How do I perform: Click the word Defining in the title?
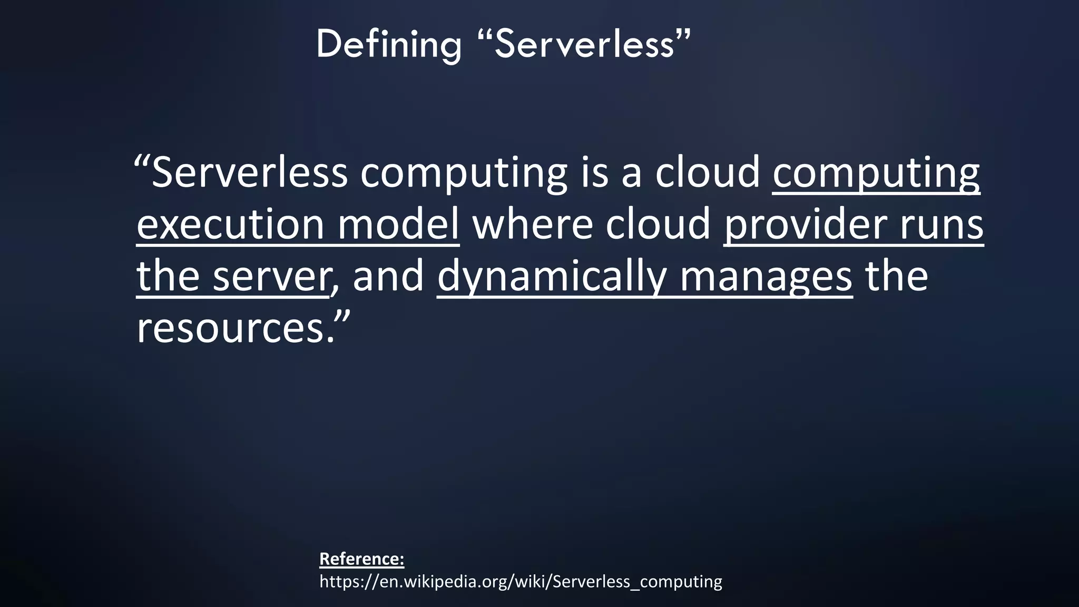tap(389, 44)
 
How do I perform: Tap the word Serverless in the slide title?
tap(585, 44)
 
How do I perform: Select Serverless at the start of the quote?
tap(249, 172)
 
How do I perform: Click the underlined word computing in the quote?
tap(876, 172)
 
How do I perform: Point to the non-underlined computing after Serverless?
tap(464, 172)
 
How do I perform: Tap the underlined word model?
tap(398, 224)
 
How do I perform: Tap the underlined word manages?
tap(766, 276)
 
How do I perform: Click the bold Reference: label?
tap(361, 559)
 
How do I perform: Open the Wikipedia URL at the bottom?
tap(521, 582)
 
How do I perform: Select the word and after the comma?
tap(388, 276)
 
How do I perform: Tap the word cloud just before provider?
tap(658, 224)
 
